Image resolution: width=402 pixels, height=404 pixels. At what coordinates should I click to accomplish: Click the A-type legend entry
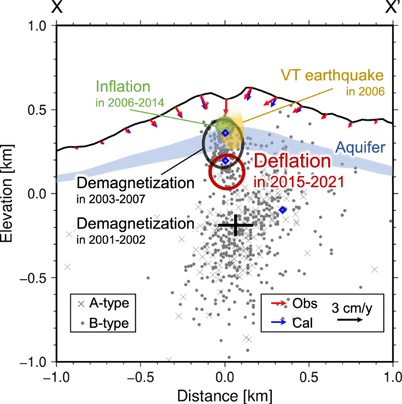[x=103, y=303]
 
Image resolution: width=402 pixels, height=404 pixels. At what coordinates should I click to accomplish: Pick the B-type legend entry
[x=103, y=322]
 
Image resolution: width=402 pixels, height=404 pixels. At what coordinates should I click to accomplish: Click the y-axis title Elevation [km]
[x=9, y=193]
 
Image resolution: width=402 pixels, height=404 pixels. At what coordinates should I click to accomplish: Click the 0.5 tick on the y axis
[x=40, y=110]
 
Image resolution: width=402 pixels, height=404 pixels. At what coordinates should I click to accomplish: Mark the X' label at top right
[x=391, y=7]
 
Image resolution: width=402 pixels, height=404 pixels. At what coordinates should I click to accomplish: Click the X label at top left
[x=57, y=7]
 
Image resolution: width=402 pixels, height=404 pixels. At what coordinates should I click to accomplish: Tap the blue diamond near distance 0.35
[x=283, y=210]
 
